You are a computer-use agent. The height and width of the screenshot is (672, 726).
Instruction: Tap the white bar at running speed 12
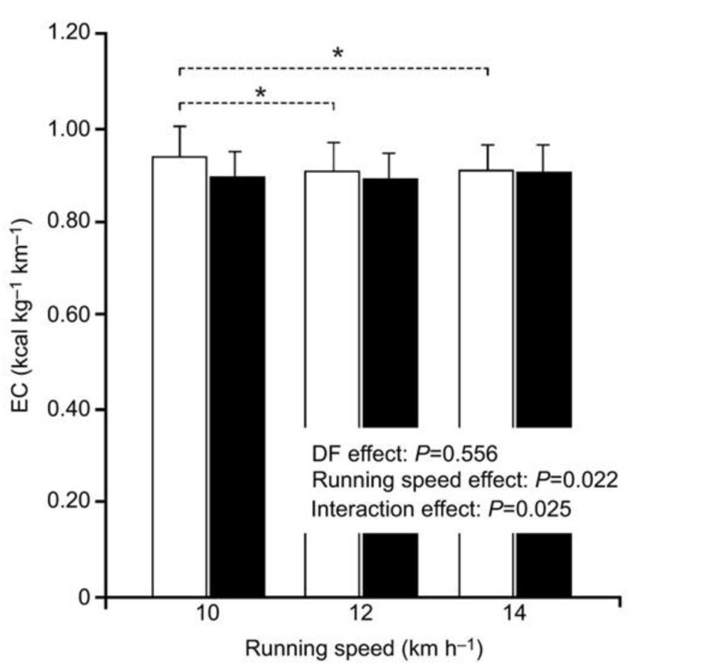click(x=332, y=299)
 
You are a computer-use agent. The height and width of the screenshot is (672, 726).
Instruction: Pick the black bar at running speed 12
click(x=390, y=299)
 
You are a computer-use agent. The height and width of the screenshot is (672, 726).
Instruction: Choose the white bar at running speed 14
click(x=486, y=299)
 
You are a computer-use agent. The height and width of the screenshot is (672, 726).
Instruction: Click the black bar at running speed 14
click(x=544, y=299)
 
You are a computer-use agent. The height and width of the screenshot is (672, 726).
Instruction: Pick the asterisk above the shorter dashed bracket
click(x=260, y=92)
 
